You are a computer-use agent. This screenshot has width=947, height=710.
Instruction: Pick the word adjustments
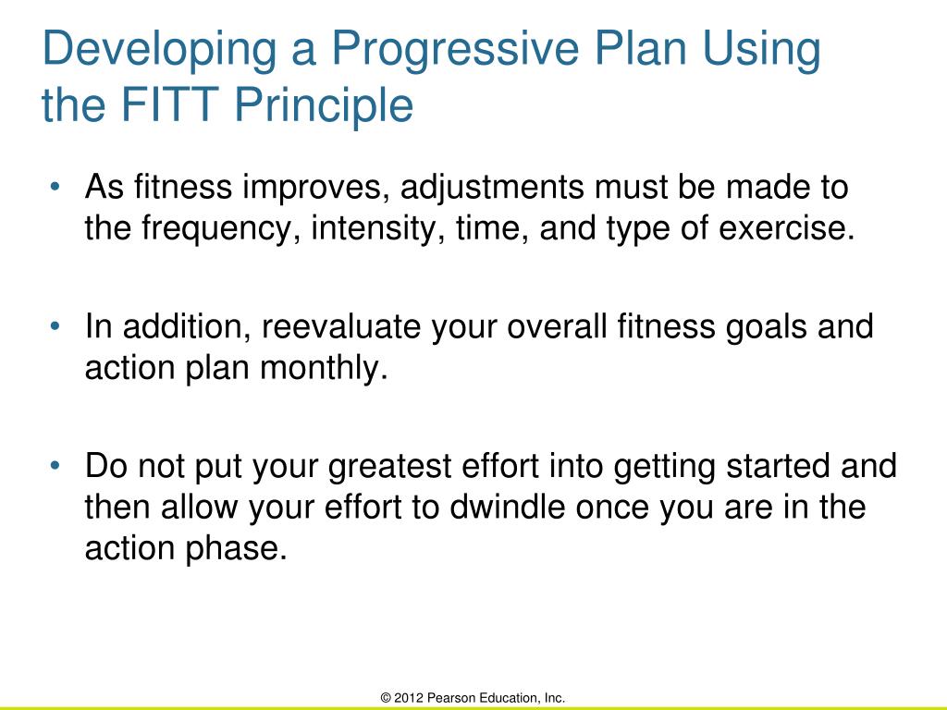(x=492, y=188)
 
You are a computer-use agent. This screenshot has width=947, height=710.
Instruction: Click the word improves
(x=314, y=189)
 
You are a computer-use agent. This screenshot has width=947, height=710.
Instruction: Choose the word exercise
(x=787, y=228)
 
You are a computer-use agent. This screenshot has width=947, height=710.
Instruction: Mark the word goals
(x=766, y=328)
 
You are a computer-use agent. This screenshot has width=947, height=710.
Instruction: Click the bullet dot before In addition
(x=55, y=326)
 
